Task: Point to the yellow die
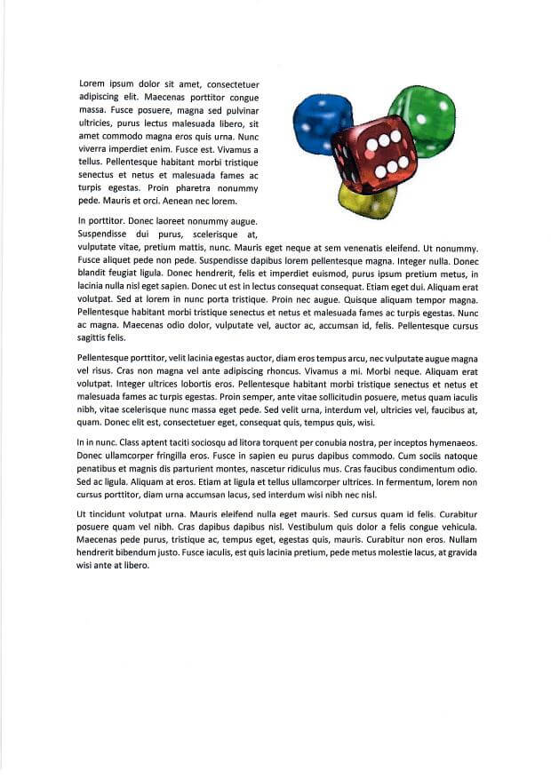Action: [x=366, y=201]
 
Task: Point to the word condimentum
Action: [x=412, y=467]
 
